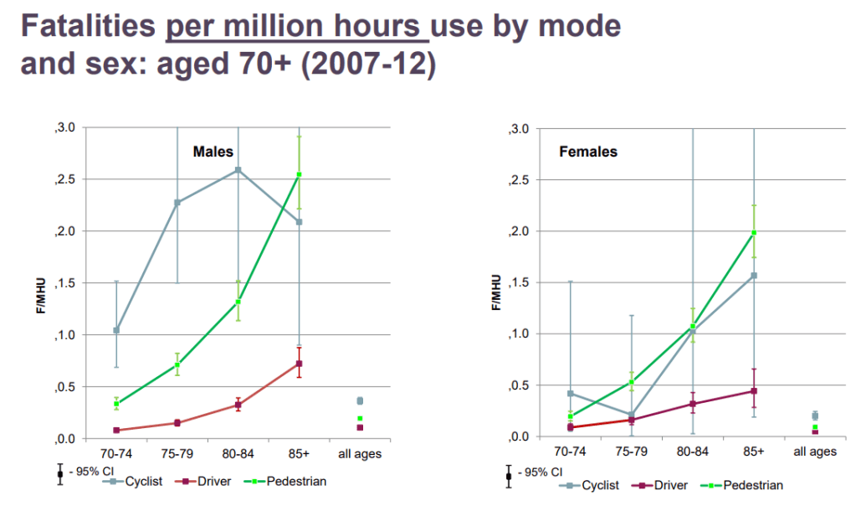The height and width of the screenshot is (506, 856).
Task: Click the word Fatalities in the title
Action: (x=88, y=26)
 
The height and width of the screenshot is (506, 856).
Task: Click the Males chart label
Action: (x=213, y=152)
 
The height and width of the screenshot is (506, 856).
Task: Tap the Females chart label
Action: (x=588, y=152)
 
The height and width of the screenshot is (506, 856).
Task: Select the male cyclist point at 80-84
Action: (x=238, y=169)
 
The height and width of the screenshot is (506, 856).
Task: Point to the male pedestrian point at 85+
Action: (x=300, y=175)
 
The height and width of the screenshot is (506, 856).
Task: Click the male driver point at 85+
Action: (x=300, y=364)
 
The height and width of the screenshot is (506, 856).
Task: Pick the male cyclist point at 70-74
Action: (x=116, y=330)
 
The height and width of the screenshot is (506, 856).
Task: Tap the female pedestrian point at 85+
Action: (x=754, y=232)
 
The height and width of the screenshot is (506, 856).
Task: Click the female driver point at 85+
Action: (x=754, y=390)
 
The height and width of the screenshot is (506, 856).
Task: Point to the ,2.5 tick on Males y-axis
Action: (x=64, y=179)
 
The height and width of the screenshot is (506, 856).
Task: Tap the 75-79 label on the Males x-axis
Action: (x=177, y=454)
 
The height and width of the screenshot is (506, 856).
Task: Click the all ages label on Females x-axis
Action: (x=814, y=452)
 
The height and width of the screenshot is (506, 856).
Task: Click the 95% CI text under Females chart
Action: (x=539, y=472)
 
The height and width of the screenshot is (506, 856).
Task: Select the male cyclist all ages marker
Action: (x=361, y=401)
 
